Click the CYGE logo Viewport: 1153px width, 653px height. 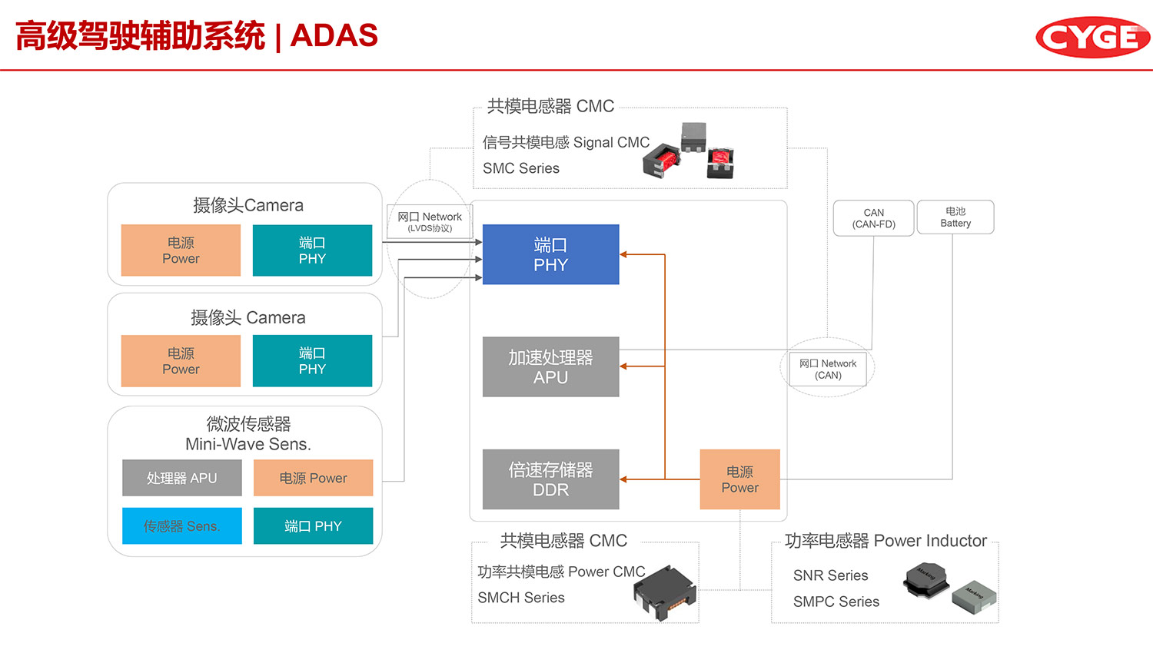tap(1092, 37)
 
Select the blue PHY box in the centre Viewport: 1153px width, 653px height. tap(550, 254)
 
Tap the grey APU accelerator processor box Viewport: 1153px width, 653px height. tap(550, 366)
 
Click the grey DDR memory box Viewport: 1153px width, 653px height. tap(550, 479)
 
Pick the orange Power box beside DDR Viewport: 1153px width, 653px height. tap(739, 479)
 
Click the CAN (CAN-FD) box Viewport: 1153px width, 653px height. tap(873, 218)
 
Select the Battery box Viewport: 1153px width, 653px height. tap(955, 217)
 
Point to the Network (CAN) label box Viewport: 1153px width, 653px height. tap(828, 370)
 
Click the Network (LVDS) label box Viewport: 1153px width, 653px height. tap(430, 221)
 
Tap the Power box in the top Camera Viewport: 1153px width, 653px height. tap(181, 250)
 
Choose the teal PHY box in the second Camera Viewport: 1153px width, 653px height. tap(312, 361)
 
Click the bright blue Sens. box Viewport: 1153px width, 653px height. tap(182, 526)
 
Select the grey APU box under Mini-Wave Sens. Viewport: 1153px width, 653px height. tap(182, 478)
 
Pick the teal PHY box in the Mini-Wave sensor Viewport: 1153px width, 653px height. tap(313, 526)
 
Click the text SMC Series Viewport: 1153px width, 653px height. tap(521, 168)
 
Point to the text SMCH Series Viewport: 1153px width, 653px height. tap(521, 598)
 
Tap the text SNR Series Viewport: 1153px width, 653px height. tap(830, 575)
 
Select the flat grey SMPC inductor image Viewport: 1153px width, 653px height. tap(974, 596)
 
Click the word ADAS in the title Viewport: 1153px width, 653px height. tap(334, 35)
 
